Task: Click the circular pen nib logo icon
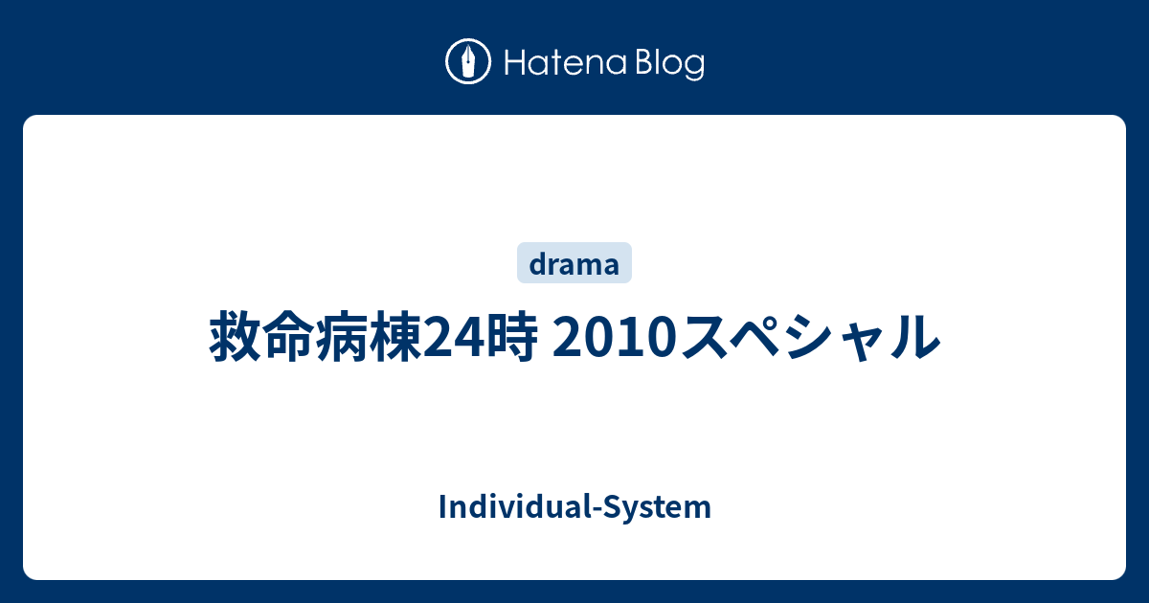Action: point(468,61)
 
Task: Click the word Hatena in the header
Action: point(566,63)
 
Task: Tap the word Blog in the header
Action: point(670,64)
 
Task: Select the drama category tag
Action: point(574,262)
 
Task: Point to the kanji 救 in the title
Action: point(236,337)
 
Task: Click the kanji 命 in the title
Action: point(289,337)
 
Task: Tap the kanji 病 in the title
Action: point(342,337)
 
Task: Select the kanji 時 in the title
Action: point(511,337)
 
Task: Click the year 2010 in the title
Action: point(615,337)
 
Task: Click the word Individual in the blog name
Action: point(515,506)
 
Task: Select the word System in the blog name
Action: point(657,507)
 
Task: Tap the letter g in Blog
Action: point(693,69)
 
